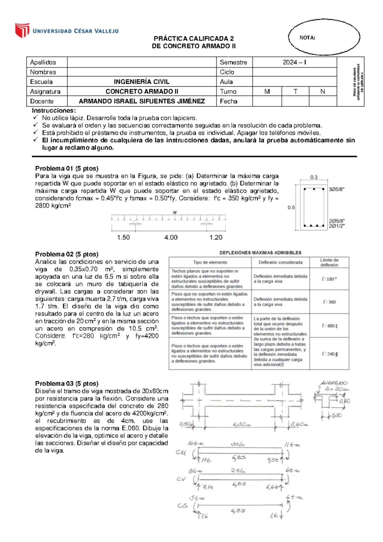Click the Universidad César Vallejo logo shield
(x=22, y=30)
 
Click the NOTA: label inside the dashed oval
(x=307, y=38)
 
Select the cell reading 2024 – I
(x=294, y=62)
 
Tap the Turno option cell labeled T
(x=295, y=91)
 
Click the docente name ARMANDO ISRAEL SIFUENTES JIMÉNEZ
(x=142, y=101)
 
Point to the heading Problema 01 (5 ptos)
(x=67, y=168)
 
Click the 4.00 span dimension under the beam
(x=171, y=237)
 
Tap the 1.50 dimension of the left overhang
(x=123, y=237)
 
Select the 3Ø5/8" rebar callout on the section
(x=337, y=189)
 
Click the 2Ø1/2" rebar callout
(x=337, y=226)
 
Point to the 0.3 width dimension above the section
(x=314, y=177)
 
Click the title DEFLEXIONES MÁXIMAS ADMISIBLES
(x=260, y=252)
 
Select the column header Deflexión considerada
(x=280, y=262)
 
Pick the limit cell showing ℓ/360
(x=329, y=302)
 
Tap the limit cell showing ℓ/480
(x=330, y=326)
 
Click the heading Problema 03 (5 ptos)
(x=67, y=383)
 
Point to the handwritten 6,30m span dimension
(x=242, y=425)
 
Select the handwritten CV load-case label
(x=181, y=479)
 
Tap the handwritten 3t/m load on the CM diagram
(x=238, y=444)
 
